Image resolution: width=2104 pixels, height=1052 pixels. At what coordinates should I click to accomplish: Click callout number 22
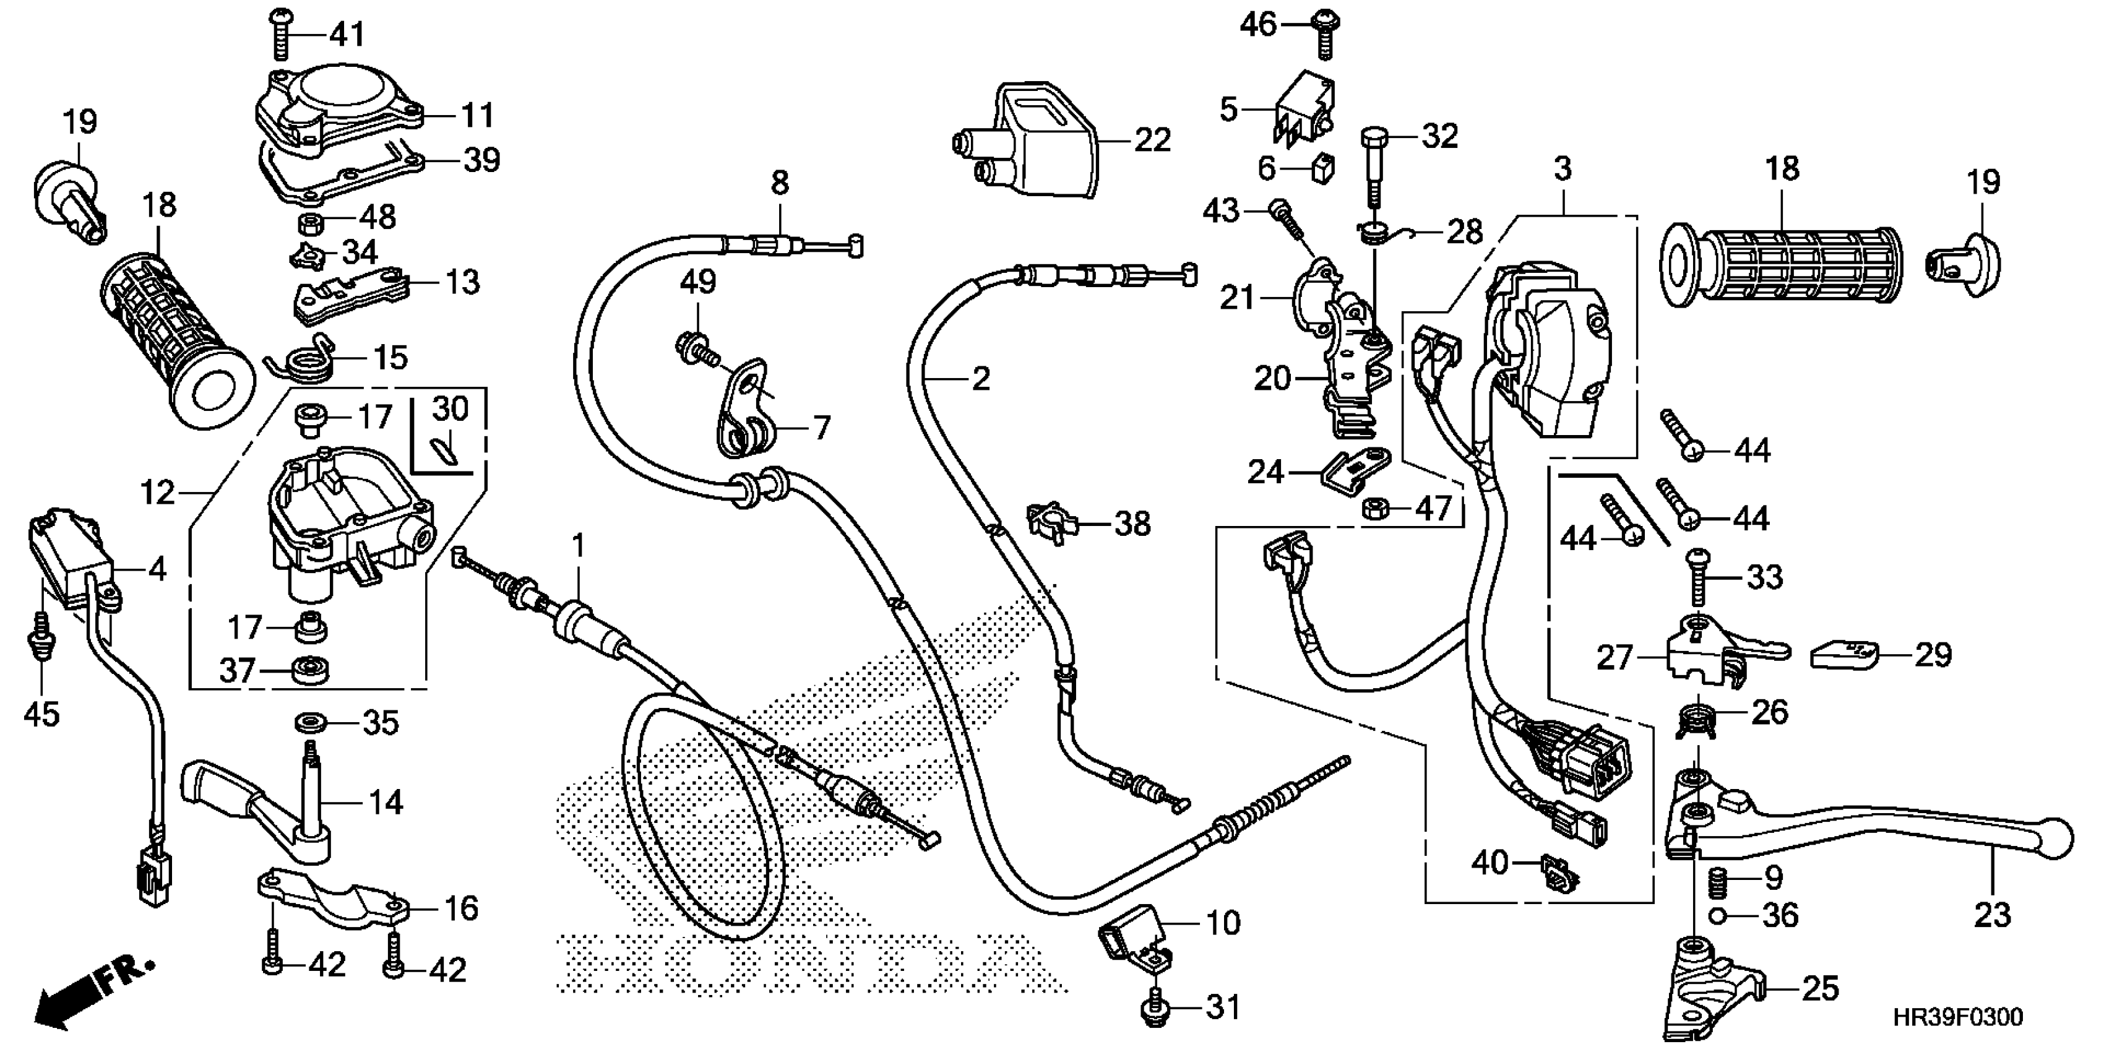coord(1152,140)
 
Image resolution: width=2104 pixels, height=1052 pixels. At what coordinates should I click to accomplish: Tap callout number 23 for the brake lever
coord(1991,915)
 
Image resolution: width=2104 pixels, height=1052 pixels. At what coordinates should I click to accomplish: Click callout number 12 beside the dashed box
coord(158,493)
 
